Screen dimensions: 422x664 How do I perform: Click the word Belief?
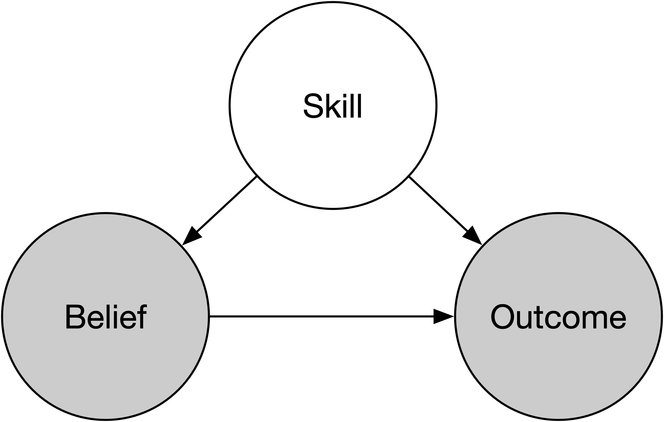tap(106, 318)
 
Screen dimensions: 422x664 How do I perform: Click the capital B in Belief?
tap(75, 318)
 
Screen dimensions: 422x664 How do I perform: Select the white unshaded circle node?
tap(333, 59)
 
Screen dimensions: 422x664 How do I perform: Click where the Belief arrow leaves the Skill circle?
tap(256, 177)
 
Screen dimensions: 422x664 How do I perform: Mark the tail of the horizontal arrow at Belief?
tap(211, 316)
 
